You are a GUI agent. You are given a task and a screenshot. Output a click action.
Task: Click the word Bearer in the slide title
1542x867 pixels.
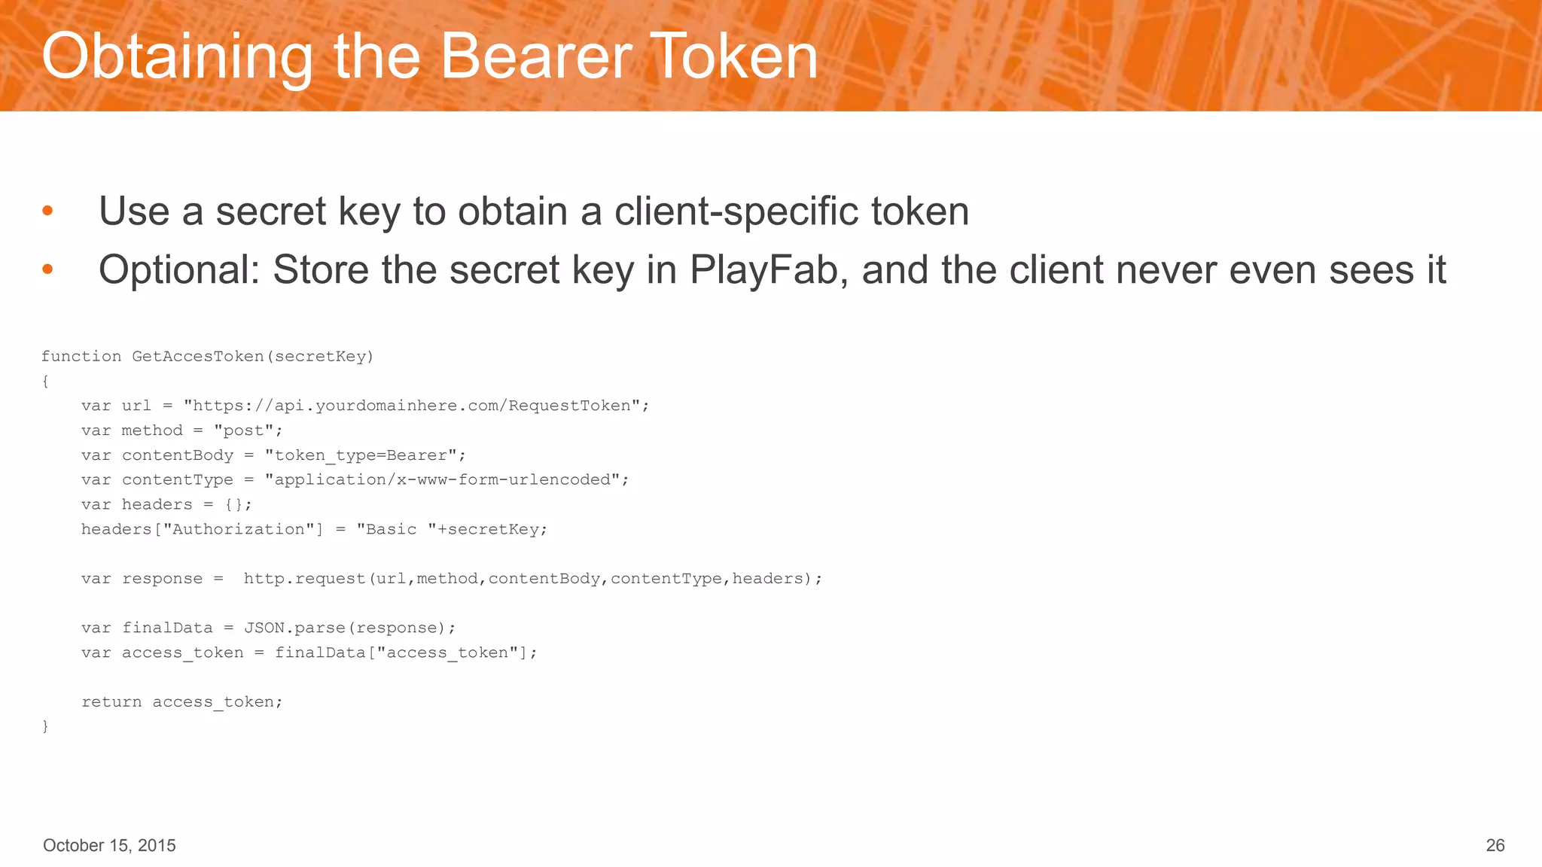coord(536,56)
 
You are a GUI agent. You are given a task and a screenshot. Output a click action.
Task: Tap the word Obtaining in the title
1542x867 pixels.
coord(177,58)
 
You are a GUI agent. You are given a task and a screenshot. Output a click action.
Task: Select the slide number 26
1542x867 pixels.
coord(1495,845)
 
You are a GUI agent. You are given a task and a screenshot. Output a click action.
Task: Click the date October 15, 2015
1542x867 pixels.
coord(109,845)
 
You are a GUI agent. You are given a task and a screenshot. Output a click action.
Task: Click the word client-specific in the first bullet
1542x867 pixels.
coord(736,211)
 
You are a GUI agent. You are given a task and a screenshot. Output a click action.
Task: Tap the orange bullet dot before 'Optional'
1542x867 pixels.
coord(47,269)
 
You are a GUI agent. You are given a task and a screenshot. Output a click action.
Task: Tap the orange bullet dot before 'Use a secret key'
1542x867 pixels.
coord(47,211)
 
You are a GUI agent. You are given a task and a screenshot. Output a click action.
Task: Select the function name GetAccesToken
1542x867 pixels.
coord(198,356)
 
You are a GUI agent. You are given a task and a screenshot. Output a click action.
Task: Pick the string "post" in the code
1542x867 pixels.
coord(244,430)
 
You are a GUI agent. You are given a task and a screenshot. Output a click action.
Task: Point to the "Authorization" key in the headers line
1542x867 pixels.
coord(239,529)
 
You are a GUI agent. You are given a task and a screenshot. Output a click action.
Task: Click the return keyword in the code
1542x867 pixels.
coord(111,702)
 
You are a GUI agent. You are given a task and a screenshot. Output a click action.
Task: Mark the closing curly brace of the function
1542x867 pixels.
coord(45,726)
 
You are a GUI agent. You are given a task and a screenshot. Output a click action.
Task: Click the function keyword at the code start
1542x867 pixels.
coord(81,356)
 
